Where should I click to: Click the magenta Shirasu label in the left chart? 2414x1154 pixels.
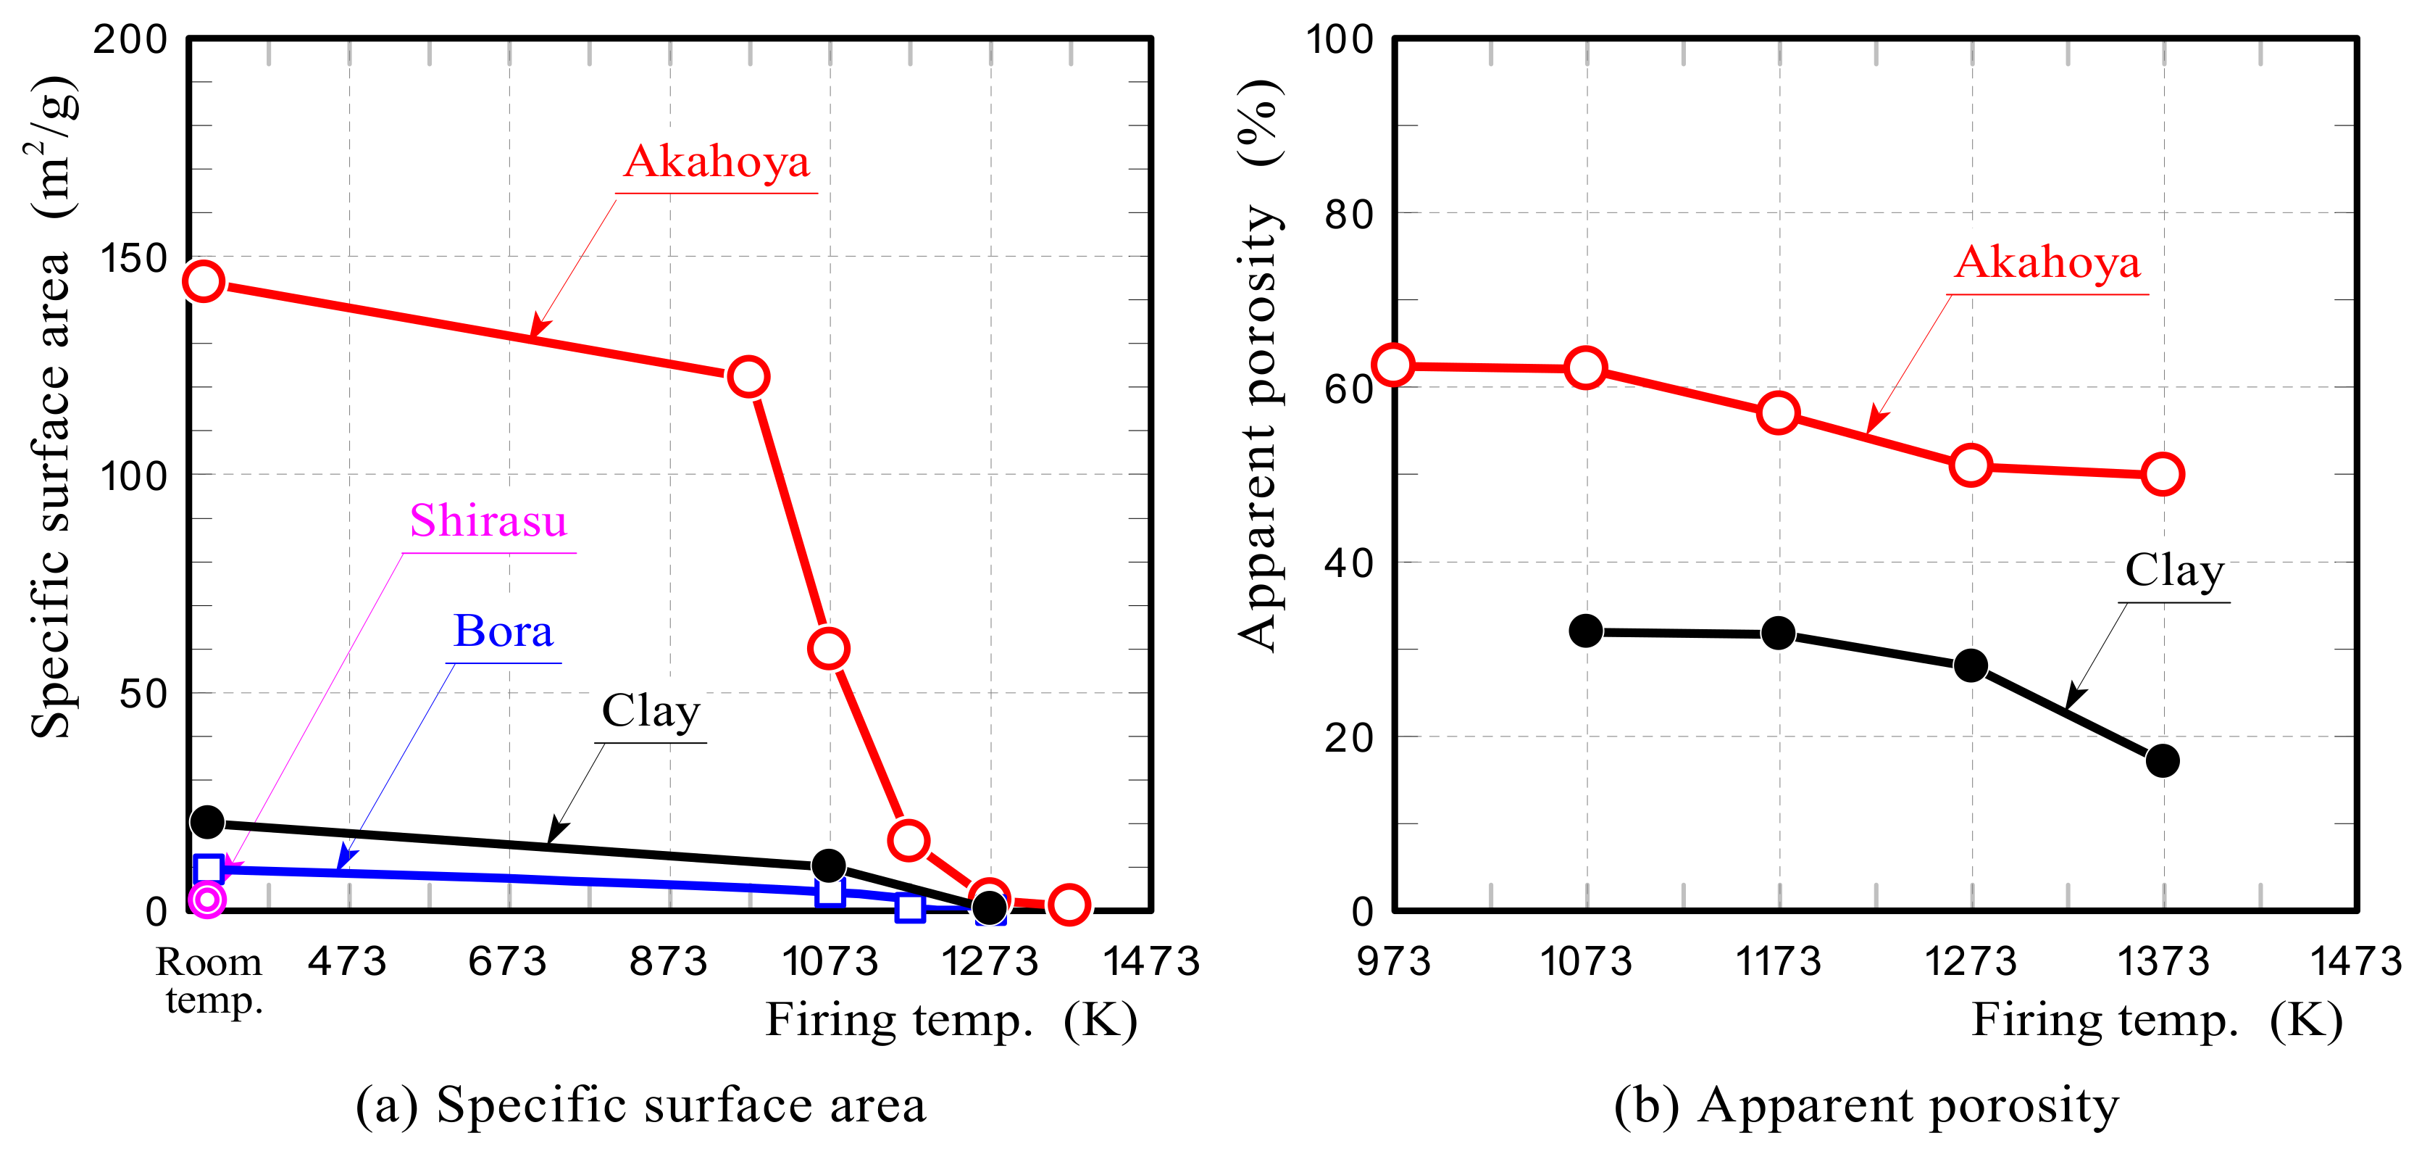pos(488,521)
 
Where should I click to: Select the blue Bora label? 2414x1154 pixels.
pos(504,632)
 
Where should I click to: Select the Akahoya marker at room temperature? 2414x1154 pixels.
pos(204,281)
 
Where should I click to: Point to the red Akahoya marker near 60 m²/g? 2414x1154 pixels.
pos(828,648)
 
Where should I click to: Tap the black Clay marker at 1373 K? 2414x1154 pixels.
pos(2162,760)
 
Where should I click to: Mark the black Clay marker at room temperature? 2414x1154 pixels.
pos(207,822)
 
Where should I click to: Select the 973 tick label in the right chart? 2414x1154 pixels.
pos(1393,962)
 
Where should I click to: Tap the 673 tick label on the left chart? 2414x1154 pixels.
pos(507,962)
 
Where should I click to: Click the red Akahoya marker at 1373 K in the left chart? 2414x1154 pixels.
pos(1069,905)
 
